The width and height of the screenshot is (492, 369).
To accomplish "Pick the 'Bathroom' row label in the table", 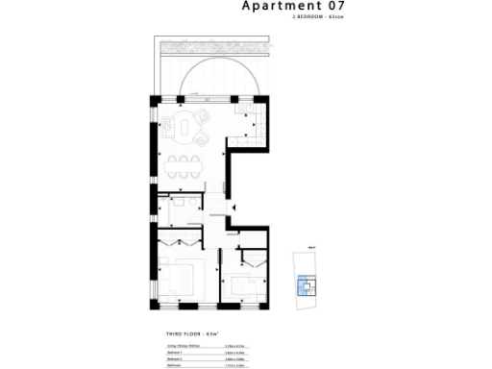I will click(175, 366).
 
